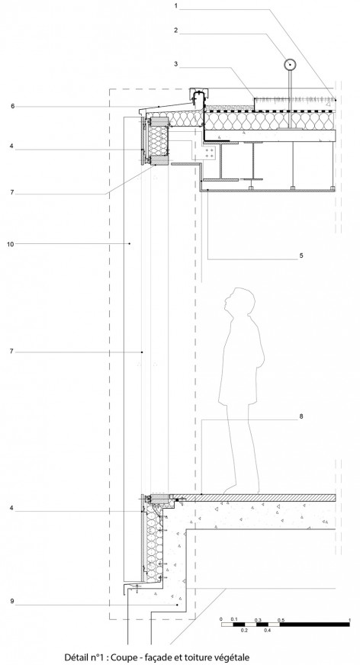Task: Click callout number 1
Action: point(175,6)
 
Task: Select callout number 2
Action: point(175,30)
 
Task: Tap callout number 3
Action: point(175,64)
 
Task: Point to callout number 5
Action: point(301,255)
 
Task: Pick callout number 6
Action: point(13,106)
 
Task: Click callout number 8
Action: point(301,416)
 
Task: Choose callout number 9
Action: point(12,600)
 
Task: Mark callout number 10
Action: point(11,244)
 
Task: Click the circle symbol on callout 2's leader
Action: point(290,65)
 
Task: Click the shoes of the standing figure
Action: point(242,490)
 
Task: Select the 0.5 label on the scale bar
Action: point(281,620)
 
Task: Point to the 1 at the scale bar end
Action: point(349,620)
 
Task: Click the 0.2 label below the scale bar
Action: point(244,631)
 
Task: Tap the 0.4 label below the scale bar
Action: point(268,631)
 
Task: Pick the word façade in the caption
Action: point(157,657)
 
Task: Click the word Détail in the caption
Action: point(76,657)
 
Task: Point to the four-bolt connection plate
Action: point(207,154)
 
